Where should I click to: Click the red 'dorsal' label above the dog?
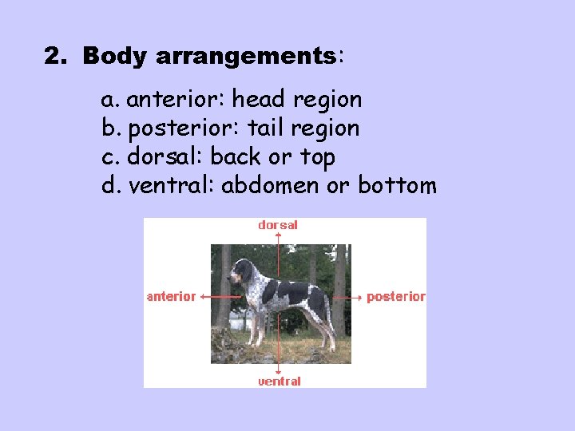(278, 225)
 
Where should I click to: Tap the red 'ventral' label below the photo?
(279, 382)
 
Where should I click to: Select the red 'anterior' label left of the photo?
(171, 296)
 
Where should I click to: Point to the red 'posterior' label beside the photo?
(396, 296)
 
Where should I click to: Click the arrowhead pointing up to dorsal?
(278, 235)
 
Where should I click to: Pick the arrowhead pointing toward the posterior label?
(360, 296)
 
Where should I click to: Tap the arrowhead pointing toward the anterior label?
(202, 296)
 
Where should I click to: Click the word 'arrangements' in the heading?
(247, 57)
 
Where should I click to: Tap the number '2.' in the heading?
(56, 57)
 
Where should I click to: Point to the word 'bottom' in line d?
(397, 186)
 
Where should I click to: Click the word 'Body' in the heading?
(117, 57)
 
